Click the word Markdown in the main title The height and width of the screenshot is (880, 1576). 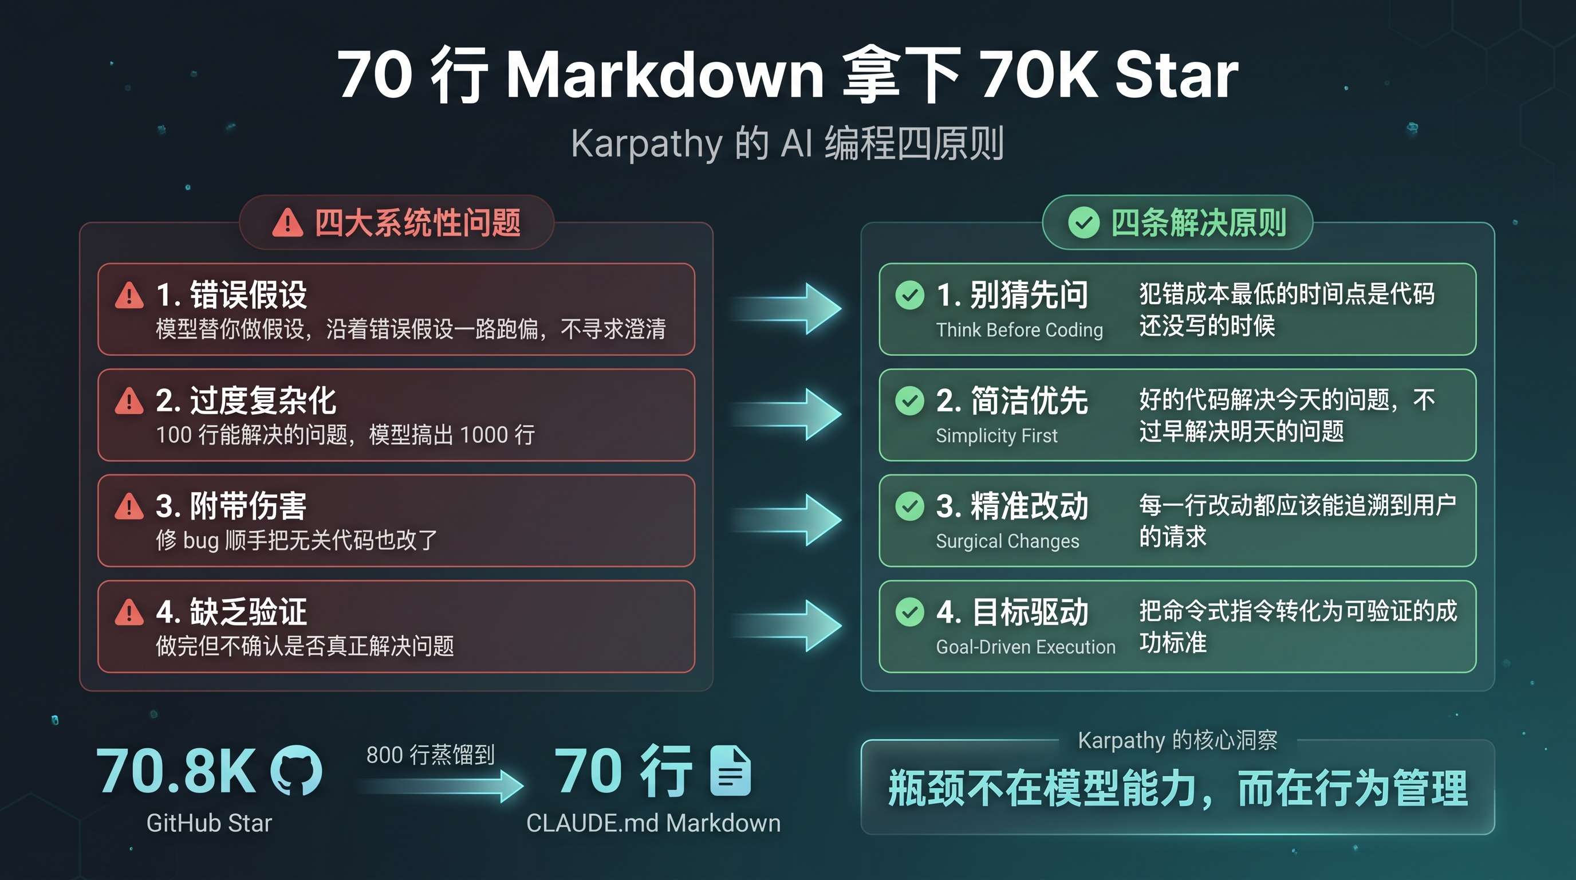click(x=665, y=74)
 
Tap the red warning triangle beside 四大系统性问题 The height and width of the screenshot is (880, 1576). click(x=287, y=222)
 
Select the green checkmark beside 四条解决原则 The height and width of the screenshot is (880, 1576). click(x=1083, y=222)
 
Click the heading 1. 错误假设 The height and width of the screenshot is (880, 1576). click(x=231, y=294)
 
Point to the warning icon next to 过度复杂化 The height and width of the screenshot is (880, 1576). click(x=129, y=401)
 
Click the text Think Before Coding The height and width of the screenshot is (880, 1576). click(x=1019, y=330)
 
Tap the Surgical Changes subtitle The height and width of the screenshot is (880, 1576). click(x=1008, y=541)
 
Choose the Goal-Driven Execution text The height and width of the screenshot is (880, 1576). click(x=1026, y=647)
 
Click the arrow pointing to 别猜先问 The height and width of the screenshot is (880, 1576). click(x=786, y=308)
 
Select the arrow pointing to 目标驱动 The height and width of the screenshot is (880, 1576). click(x=786, y=626)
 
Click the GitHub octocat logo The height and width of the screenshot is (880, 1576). click(x=297, y=771)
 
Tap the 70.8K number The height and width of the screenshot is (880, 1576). click(x=176, y=771)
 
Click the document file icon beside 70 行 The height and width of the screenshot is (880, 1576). click(x=731, y=771)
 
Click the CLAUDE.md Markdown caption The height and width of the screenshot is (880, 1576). click(x=653, y=823)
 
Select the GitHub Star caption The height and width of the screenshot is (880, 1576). click(x=209, y=823)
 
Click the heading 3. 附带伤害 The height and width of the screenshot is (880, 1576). click(x=231, y=506)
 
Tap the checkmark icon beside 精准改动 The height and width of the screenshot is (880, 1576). click(x=910, y=506)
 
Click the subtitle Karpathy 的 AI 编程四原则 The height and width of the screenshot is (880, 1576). click(x=787, y=144)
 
